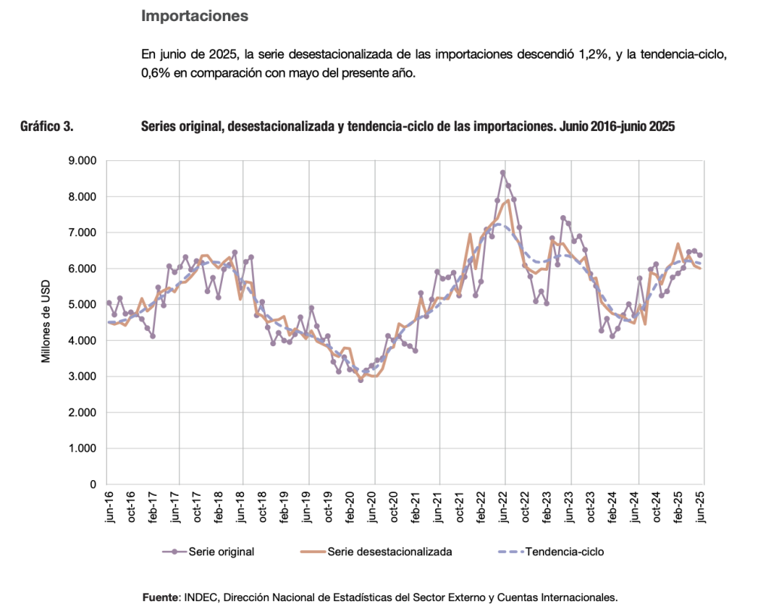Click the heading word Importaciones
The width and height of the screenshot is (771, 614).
(194, 15)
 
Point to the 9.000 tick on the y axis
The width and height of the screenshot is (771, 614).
(83, 160)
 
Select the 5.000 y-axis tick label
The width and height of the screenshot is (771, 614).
(83, 305)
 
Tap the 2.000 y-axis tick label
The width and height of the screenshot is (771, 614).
(83, 412)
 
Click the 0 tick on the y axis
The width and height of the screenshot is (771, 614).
(94, 485)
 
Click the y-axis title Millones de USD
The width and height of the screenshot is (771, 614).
(46, 322)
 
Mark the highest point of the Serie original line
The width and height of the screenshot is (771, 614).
(503, 172)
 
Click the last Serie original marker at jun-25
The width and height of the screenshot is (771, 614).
(700, 255)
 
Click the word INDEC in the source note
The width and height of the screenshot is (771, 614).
(197, 597)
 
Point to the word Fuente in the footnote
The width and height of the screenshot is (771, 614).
(160, 597)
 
